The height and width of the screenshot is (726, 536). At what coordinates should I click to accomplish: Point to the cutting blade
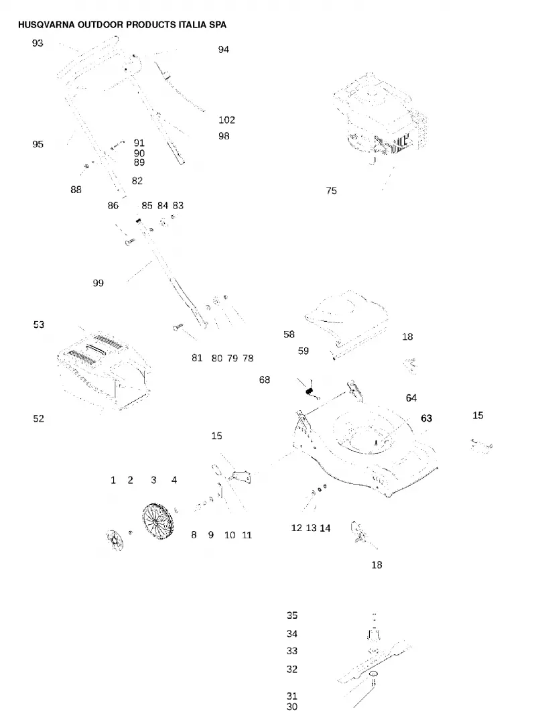(375, 662)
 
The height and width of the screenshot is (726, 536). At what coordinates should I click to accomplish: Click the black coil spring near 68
(310, 391)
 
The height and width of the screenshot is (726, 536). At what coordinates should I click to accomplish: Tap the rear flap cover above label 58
(346, 317)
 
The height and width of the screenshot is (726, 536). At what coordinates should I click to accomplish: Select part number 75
(332, 191)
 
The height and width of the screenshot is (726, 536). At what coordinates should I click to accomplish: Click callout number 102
(227, 120)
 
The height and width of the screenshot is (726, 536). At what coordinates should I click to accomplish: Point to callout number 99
(98, 283)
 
